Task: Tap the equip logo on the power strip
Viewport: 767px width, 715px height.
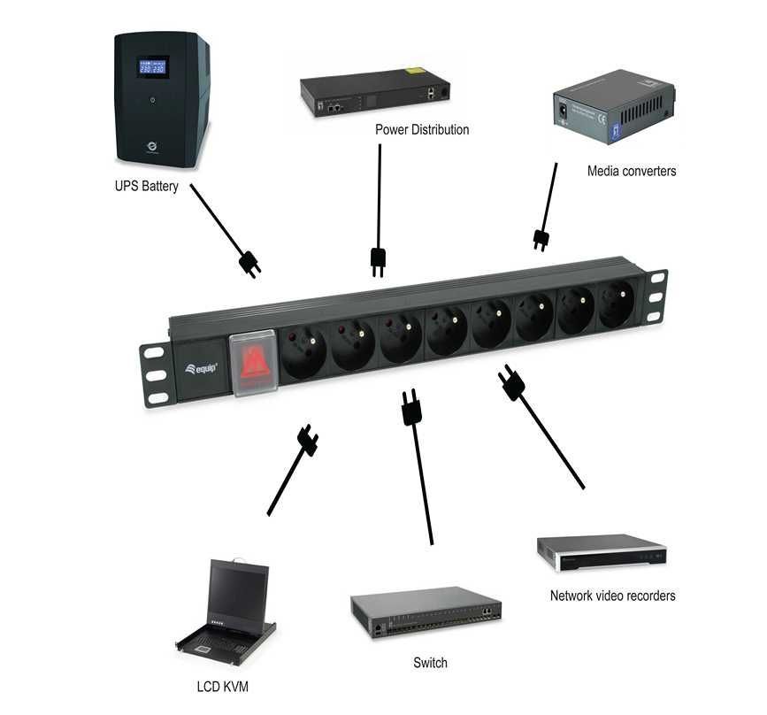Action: [x=203, y=367]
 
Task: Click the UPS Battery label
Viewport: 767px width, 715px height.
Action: [x=146, y=187]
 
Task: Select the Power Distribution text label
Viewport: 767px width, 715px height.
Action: [x=422, y=130]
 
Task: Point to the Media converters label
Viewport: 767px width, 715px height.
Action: [x=631, y=171]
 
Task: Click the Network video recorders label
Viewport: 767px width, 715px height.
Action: [x=612, y=596]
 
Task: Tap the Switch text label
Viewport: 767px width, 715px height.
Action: [x=430, y=663]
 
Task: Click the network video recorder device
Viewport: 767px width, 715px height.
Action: [x=601, y=553]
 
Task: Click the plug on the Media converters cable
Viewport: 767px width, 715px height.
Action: [x=541, y=240]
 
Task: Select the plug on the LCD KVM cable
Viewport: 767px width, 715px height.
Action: [x=308, y=439]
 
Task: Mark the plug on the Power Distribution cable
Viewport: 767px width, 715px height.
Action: [x=378, y=261]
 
